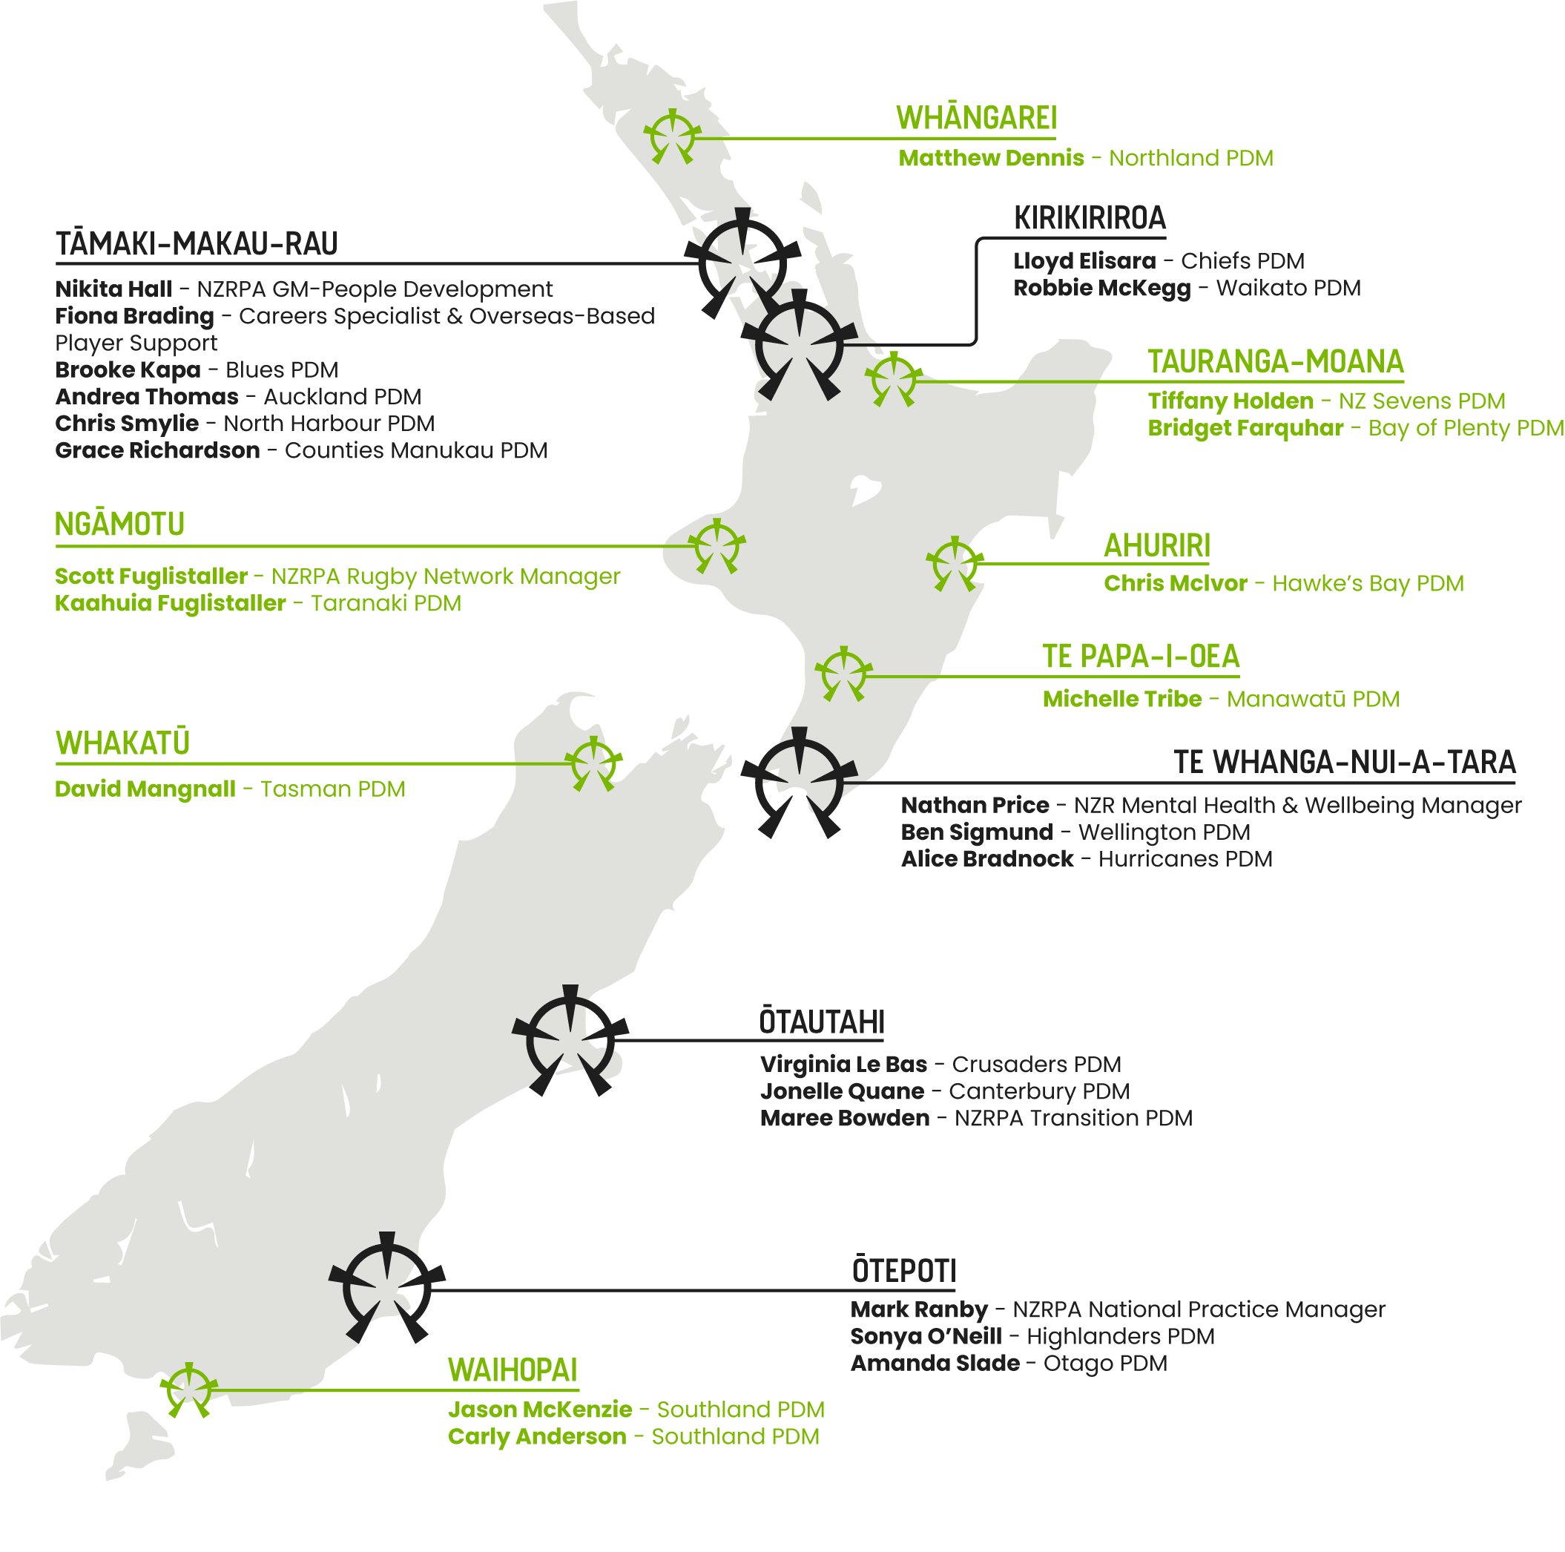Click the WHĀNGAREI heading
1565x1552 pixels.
tap(976, 119)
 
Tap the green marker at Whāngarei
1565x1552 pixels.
tap(671, 135)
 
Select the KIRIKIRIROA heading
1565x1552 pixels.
tap(1090, 218)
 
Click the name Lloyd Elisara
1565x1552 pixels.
tap(1084, 261)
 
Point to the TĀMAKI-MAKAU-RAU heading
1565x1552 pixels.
tap(196, 244)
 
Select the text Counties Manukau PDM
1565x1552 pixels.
tap(415, 450)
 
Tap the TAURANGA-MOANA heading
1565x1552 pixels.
tap(1276, 361)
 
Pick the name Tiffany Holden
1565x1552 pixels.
tap(1230, 401)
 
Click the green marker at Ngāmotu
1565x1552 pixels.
tap(716, 545)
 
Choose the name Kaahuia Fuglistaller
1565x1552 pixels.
tap(170, 603)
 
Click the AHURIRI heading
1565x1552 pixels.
tap(1157, 546)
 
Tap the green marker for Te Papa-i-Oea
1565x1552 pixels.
tap(843, 673)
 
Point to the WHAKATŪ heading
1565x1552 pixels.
tap(122, 743)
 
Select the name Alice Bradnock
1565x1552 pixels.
tap(986, 858)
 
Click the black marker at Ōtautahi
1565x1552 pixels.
tap(570, 1040)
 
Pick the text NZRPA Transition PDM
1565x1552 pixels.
tap(1073, 1118)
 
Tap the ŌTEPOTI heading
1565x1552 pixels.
tap(903, 1271)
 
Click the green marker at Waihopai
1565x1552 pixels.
tap(188, 1390)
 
